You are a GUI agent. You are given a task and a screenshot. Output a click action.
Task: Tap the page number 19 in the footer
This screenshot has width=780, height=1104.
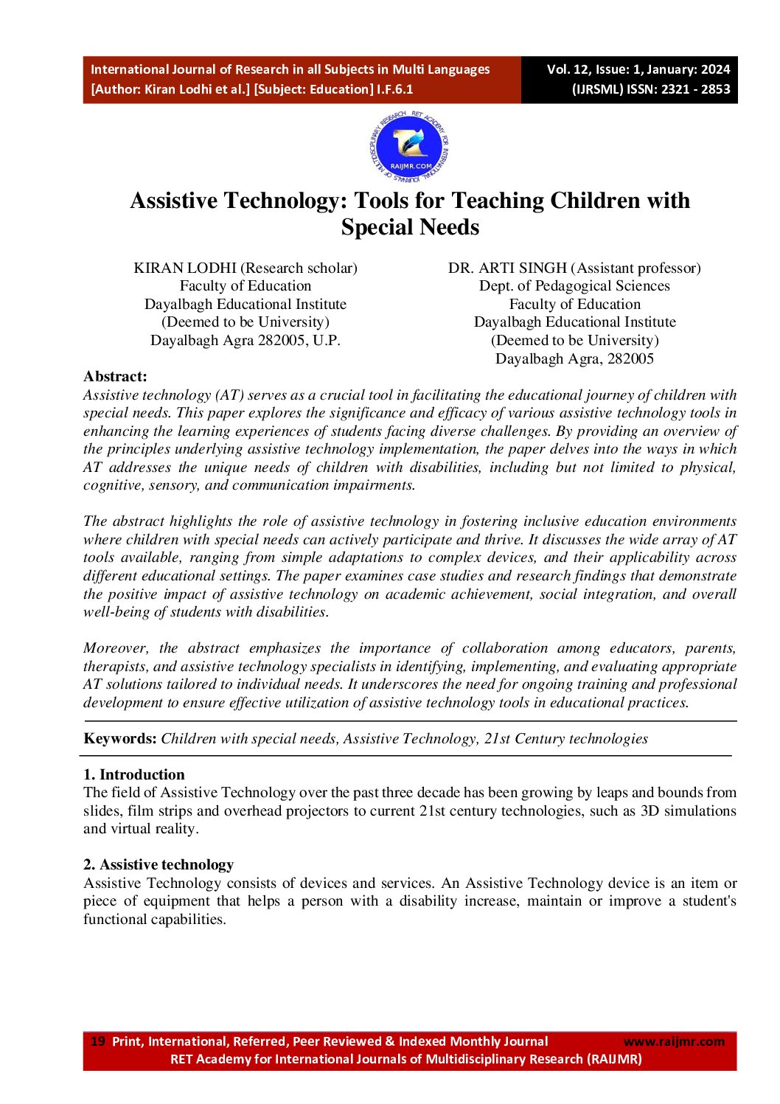(x=97, y=1041)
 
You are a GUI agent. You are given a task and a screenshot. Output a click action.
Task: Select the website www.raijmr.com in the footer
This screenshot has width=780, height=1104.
(x=674, y=1041)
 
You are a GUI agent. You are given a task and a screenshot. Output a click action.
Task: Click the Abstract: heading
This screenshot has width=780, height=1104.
(x=115, y=376)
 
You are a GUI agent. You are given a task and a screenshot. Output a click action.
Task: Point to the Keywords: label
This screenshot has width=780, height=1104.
(x=120, y=738)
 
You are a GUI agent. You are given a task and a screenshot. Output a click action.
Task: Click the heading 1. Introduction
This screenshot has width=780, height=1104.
(x=134, y=774)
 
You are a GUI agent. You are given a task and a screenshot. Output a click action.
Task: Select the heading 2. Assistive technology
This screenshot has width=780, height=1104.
(x=159, y=864)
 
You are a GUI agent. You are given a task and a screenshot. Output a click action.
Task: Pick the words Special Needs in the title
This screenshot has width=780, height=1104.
(x=410, y=227)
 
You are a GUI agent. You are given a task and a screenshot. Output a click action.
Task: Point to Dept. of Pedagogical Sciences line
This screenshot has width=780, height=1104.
(x=574, y=285)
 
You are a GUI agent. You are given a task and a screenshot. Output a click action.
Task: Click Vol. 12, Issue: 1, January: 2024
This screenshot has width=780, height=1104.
(x=638, y=69)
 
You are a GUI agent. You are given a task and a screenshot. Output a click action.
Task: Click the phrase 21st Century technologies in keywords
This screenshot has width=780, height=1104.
(x=566, y=738)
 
